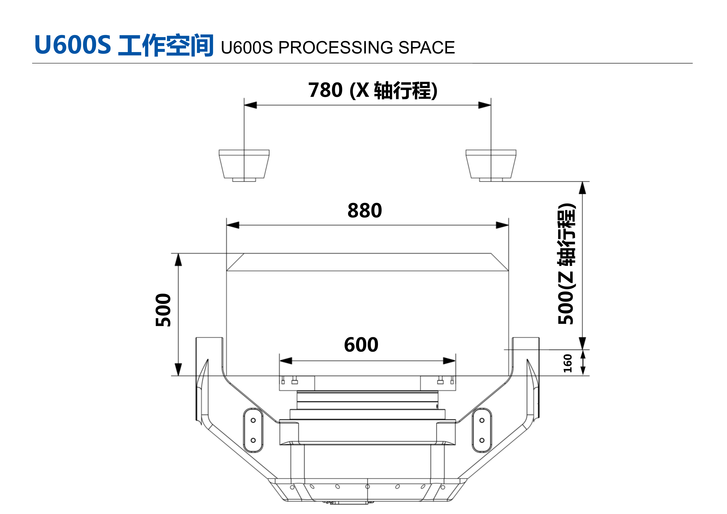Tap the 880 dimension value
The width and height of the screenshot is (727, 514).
click(365, 211)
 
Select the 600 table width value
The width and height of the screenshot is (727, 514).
click(361, 345)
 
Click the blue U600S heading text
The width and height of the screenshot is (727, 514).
click(73, 45)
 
